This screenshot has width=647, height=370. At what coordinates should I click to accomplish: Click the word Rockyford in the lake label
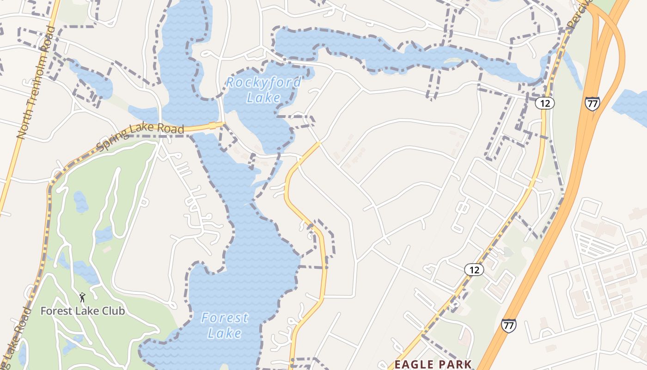(x=263, y=83)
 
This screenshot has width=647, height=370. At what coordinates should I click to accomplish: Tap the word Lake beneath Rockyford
(x=263, y=98)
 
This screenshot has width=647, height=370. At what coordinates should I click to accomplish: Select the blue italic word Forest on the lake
(x=225, y=318)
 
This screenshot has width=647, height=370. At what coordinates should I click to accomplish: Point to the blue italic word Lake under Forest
(x=224, y=333)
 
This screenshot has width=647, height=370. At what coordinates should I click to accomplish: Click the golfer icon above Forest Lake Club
(x=83, y=297)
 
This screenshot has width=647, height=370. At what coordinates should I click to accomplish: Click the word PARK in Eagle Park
(x=455, y=364)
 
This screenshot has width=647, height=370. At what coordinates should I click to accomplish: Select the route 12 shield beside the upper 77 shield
(x=545, y=103)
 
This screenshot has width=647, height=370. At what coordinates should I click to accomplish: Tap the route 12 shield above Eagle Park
(x=474, y=270)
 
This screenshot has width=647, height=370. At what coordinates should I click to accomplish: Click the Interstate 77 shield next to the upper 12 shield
(x=592, y=103)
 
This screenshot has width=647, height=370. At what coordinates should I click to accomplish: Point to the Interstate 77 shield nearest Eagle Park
(x=508, y=325)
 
